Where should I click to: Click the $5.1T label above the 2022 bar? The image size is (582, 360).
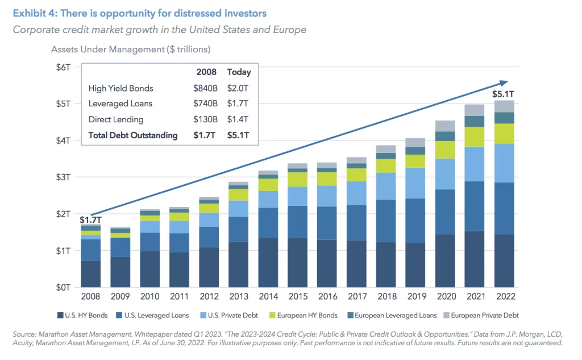503,94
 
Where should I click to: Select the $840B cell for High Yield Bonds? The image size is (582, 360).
205,88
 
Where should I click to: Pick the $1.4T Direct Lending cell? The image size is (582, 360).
238,119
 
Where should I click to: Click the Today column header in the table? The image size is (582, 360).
239,72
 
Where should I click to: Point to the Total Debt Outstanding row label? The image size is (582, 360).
133,135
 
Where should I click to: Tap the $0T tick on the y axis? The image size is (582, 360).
63,288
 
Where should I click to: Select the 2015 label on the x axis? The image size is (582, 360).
298,297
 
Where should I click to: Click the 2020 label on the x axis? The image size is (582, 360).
445,297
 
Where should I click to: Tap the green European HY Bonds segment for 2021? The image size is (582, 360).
475,136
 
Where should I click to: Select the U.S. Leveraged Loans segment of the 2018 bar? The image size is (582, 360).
386,221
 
